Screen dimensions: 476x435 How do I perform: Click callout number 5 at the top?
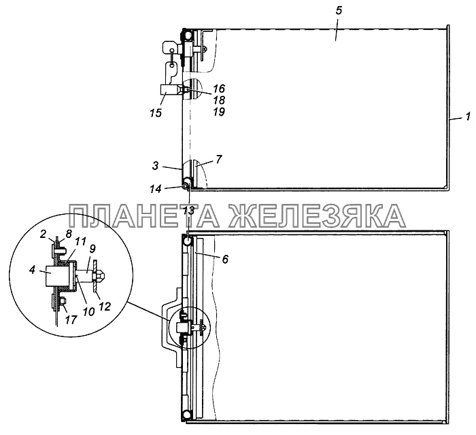pos(339,11)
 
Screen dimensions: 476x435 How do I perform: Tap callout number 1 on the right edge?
pos(468,116)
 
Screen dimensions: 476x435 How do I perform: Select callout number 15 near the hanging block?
pos(156,113)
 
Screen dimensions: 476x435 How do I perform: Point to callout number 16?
pos(219,88)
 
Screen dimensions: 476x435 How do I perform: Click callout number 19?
pos(219,111)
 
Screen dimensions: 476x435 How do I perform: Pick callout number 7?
pos(219,159)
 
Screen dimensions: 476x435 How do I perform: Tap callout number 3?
pos(156,166)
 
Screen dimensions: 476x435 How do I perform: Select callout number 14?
pos(156,189)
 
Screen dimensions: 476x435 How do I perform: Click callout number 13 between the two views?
pos(189,211)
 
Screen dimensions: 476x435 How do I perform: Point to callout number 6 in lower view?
pos(225,259)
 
